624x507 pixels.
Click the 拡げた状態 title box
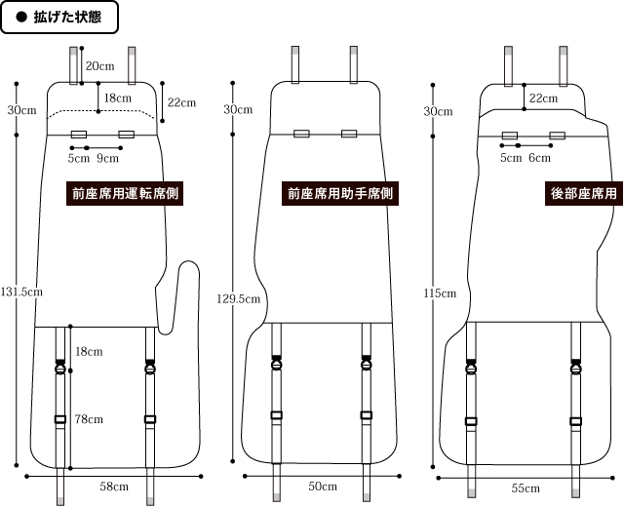pyautogui.click(x=59, y=19)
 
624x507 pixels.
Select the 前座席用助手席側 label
pyautogui.click(x=340, y=194)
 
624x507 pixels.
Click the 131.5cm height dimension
pyautogui.click(x=22, y=292)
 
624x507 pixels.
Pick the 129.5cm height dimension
pyautogui.click(x=237, y=299)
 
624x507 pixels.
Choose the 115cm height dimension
pyautogui.click(x=440, y=292)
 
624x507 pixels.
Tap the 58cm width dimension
pyautogui.click(x=114, y=487)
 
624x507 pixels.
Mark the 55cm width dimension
pyautogui.click(x=525, y=487)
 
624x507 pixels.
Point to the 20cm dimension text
pyautogui.click(x=99, y=66)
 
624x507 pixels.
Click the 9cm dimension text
pyautogui.click(x=109, y=158)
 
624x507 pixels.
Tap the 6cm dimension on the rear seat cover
pyautogui.click(x=539, y=158)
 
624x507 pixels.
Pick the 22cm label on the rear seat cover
pyautogui.click(x=543, y=98)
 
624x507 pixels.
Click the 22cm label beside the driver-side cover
pyautogui.click(x=181, y=102)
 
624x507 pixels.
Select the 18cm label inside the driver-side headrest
pyautogui.click(x=118, y=98)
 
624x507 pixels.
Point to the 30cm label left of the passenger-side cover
pyautogui.click(x=237, y=109)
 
